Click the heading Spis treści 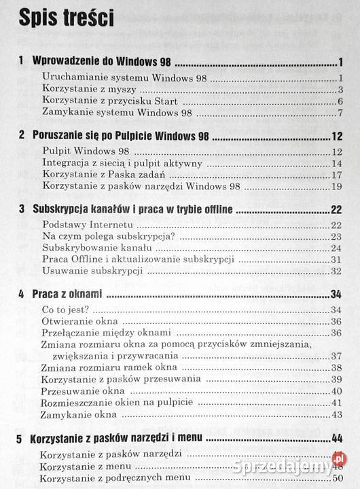(66, 20)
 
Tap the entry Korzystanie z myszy (89, 89)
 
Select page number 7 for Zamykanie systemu (338, 112)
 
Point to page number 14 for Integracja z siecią (336, 162)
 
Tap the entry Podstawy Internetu (86, 225)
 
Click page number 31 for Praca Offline (336, 259)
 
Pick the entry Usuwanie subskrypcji (91, 271)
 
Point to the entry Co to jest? (65, 310)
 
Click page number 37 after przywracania (336, 356)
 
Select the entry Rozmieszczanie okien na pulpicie (116, 402)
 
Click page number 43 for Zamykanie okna (336, 414)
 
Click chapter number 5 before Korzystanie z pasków (22, 438)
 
